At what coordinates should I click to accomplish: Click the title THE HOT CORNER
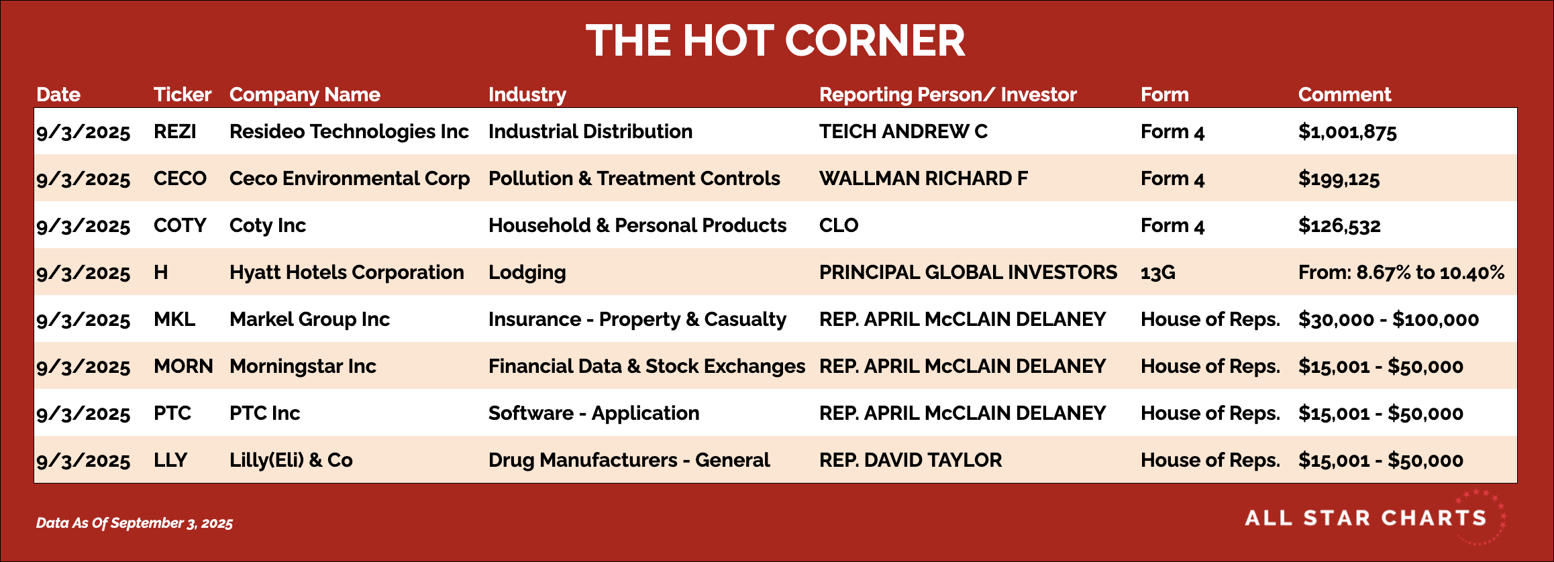pos(775,40)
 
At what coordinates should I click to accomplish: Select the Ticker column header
pos(183,95)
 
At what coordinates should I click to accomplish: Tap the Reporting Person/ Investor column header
pos(947,95)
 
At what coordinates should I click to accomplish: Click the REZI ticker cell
pos(175,131)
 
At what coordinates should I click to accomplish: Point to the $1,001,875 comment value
pos(1347,132)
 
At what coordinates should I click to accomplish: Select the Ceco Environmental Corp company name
pos(350,179)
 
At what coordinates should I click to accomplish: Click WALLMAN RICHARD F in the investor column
pos(923,178)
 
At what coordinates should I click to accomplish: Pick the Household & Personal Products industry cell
pos(637,225)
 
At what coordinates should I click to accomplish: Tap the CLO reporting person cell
pos(839,225)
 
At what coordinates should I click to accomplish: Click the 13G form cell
pos(1158,272)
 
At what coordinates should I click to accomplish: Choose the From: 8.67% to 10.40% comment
pos(1401,272)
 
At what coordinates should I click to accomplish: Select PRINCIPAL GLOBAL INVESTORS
pos(968,272)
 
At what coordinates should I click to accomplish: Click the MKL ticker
pos(174,319)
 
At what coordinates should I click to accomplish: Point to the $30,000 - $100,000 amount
pos(1388,320)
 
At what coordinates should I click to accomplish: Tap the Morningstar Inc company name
pos(303,367)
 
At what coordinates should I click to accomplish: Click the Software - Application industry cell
pos(594,414)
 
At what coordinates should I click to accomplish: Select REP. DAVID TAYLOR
pos(911,460)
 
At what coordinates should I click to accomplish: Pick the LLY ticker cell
pos(170,460)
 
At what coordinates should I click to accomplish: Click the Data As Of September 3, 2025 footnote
pos(134,523)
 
